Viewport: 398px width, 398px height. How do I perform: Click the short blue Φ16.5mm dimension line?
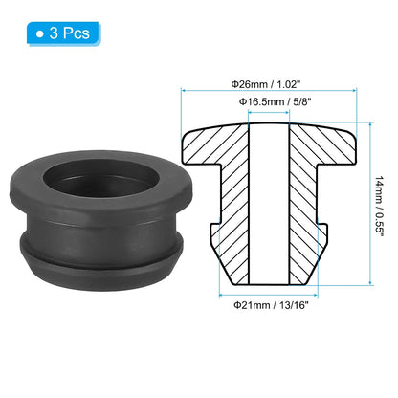pyautogui.click(x=269, y=112)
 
